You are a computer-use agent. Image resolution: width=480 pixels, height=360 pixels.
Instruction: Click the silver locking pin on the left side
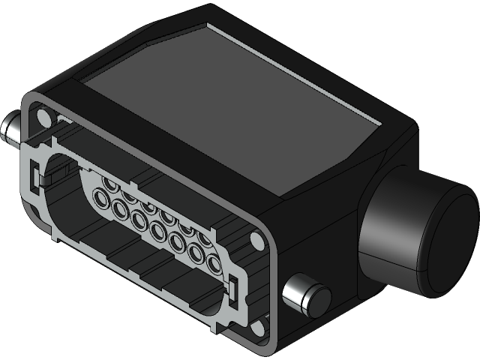pyautogui.click(x=14, y=129)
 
